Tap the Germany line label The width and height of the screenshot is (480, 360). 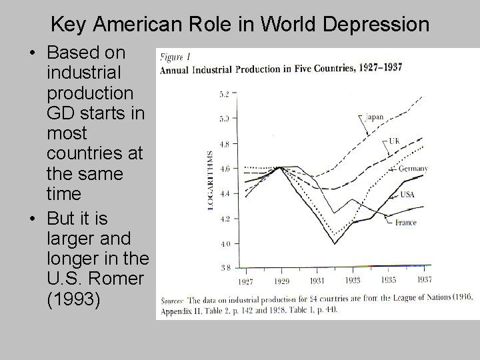(x=413, y=168)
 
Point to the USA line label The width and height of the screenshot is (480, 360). (x=408, y=195)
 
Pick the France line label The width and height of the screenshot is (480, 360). (x=405, y=222)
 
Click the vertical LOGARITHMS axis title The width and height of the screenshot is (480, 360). (x=211, y=181)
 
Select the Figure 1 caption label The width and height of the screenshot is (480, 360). (x=173, y=58)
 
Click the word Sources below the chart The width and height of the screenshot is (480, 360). (x=173, y=299)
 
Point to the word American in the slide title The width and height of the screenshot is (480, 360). (x=136, y=25)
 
